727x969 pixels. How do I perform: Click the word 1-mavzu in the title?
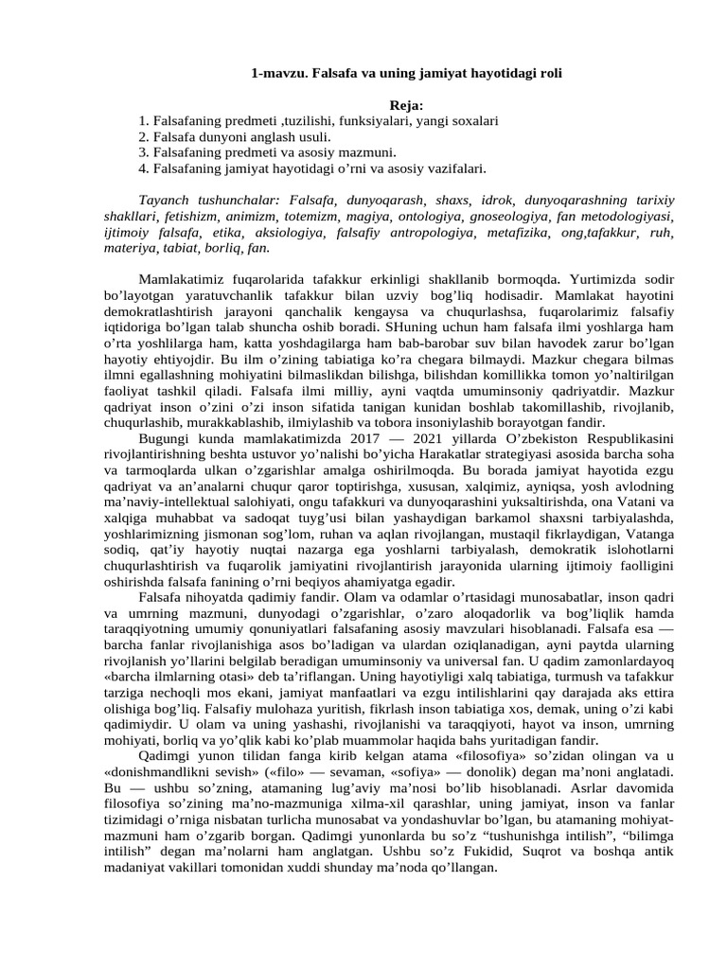click(x=274, y=72)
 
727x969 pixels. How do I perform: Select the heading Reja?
click(x=407, y=105)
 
